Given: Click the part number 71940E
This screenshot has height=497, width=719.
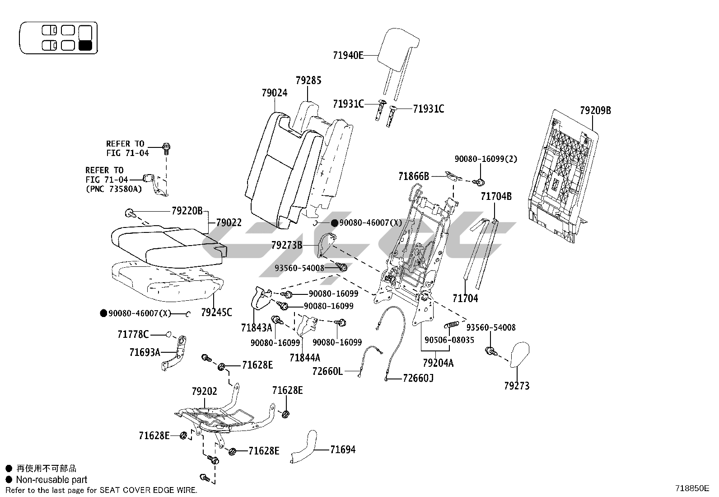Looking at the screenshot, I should click(348, 55).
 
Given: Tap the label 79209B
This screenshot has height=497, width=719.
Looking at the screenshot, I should click(595, 110).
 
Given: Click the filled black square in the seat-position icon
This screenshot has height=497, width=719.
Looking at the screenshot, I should click(85, 45).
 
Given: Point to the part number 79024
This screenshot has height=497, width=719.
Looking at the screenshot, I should click(274, 93).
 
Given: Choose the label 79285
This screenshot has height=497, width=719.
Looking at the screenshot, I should click(308, 81).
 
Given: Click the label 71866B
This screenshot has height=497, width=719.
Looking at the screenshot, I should click(413, 176).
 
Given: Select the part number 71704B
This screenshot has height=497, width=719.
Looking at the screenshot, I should click(496, 196).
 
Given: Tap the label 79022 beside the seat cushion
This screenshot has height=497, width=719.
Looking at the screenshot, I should click(229, 222).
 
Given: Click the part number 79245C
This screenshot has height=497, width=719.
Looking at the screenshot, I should click(216, 312).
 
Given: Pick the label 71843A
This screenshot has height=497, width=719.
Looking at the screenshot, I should click(257, 327).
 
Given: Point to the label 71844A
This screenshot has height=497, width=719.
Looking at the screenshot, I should click(305, 358).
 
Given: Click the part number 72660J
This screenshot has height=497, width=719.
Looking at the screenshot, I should click(418, 378).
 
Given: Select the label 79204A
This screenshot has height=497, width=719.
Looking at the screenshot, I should click(438, 363).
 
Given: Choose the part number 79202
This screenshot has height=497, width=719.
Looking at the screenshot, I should click(204, 391).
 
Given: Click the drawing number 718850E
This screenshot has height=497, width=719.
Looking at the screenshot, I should click(692, 488).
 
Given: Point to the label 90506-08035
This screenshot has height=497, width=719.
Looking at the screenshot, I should click(449, 340).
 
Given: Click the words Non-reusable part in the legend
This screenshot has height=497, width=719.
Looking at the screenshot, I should click(51, 479).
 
